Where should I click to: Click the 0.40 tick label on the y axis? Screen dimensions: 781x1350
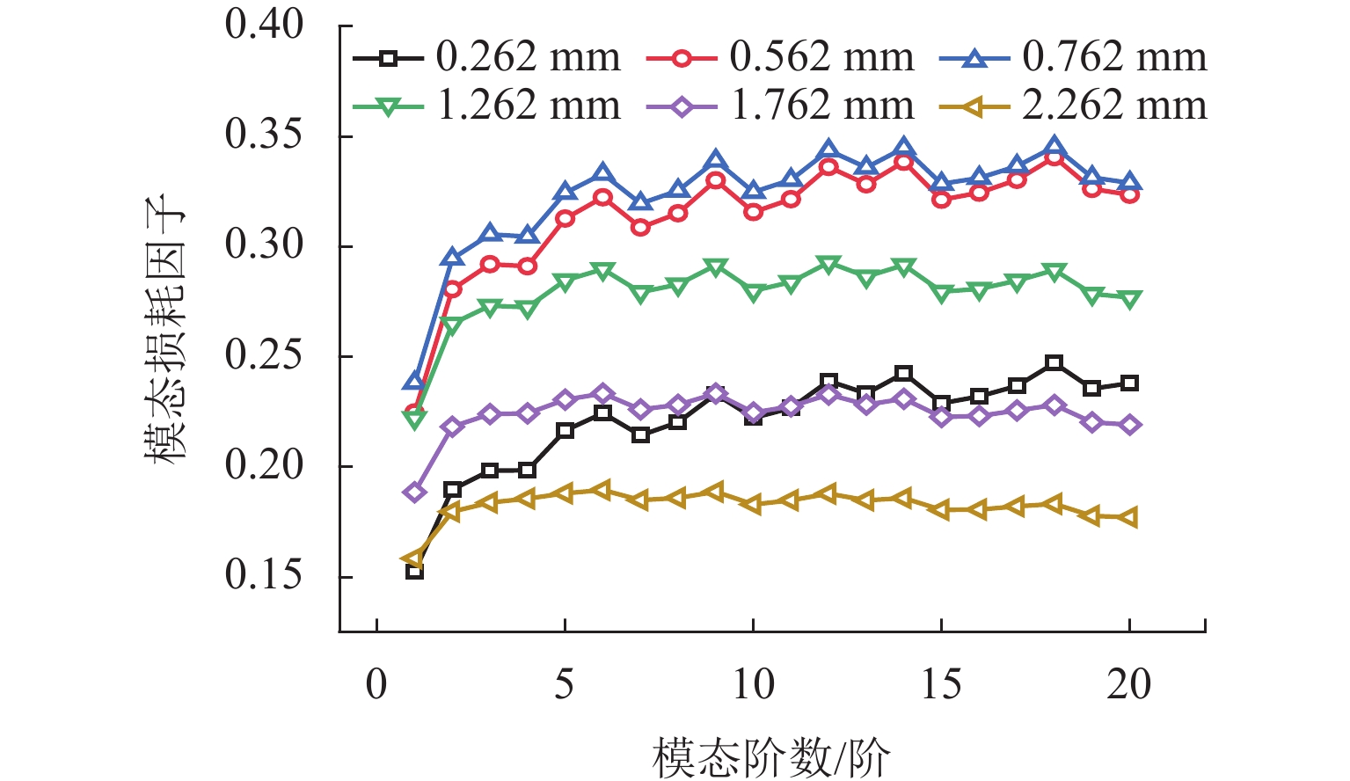[x=265, y=26]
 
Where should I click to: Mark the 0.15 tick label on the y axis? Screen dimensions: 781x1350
[x=265, y=576]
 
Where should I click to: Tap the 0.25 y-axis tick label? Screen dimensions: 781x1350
[x=265, y=356]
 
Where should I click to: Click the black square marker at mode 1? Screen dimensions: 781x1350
[x=414, y=572]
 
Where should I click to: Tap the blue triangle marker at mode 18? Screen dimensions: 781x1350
[x=1054, y=147]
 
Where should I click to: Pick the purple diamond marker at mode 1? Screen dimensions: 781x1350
[x=414, y=492]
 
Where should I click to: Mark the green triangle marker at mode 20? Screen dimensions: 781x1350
[x=1130, y=299]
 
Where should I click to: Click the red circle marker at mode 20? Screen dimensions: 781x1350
[x=1130, y=194]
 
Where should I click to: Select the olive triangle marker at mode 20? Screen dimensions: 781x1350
[x=1129, y=518]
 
